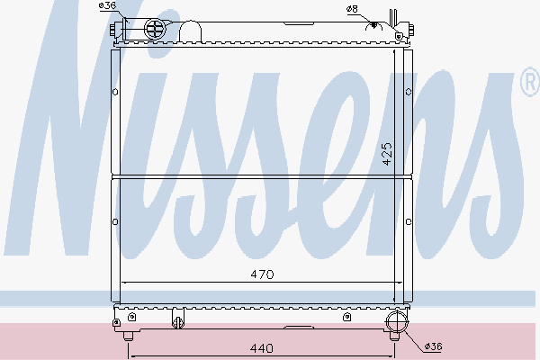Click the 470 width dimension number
(x=262, y=273)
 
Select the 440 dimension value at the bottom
(x=262, y=347)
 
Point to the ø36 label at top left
(x=107, y=6)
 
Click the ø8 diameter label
(x=351, y=9)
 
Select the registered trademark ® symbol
(x=527, y=85)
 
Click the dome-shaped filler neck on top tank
(x=191, y=31)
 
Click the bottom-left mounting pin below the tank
(x=128, y=336)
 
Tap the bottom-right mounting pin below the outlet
(x=394, y=338)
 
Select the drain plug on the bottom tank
(x=177, y=319)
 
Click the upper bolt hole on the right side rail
(x=409, y=92)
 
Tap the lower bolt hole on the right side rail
(x=409, y=222)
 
